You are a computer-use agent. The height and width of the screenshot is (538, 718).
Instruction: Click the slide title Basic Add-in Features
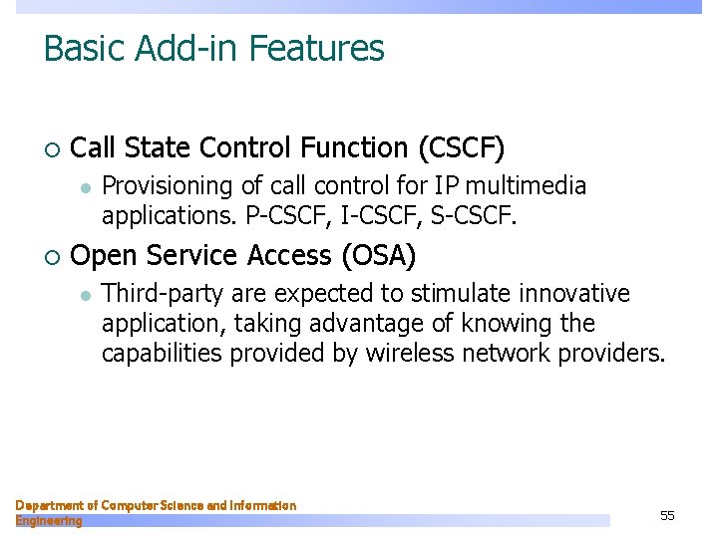(x=213, y=48)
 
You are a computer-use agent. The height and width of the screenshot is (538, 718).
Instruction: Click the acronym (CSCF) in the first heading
(x=462, y=148)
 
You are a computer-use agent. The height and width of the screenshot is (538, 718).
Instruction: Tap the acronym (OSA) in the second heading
(x=378, y=256)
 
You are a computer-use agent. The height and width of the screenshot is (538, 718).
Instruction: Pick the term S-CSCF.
(x=469, y=215)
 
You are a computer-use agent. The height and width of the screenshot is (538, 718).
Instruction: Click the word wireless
(x=412, y=354)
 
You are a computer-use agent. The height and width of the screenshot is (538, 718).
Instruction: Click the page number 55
(x=667, y=515)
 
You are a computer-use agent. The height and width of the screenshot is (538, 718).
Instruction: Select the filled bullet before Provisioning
(x=86, y=187)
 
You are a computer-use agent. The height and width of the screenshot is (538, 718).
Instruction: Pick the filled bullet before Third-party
(x=86, y=295)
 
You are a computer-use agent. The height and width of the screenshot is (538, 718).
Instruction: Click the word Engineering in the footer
(x=49, y=520)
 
